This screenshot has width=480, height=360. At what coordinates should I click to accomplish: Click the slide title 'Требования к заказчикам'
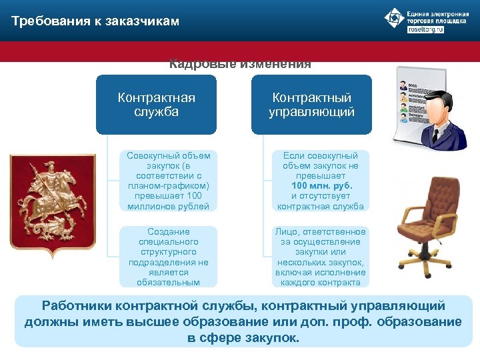pos(95,21)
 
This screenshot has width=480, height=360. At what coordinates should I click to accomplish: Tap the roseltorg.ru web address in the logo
pos(425,30)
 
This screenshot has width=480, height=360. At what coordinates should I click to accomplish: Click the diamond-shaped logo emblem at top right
pos(394,18)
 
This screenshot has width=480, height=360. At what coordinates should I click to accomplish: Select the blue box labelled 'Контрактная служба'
pos(156,105)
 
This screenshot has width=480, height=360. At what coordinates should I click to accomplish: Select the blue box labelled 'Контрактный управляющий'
pos(311,105)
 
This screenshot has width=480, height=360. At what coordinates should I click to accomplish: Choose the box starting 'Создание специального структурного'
pos(169,257)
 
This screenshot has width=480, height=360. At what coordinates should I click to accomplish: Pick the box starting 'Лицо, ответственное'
pos(321,257)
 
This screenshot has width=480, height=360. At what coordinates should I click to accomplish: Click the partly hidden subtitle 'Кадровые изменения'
pos(240,65)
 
